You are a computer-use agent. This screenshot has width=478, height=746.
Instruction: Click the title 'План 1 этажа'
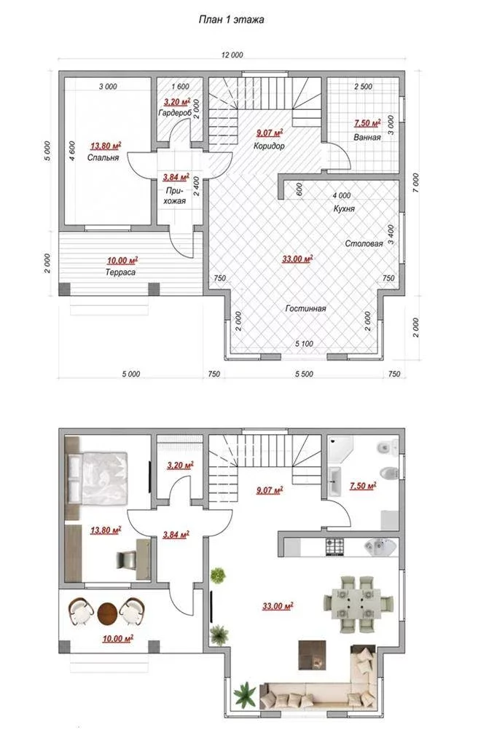coord(231,20)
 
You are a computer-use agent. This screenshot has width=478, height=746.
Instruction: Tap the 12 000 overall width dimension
coord(232,55)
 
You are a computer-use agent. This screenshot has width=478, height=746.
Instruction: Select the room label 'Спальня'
coord(103,157)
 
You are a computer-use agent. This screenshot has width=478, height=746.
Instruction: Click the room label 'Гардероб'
coord(175,113)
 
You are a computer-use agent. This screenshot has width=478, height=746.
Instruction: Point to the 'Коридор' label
coord(269,146)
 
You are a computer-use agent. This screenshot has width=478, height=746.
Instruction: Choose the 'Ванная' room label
coord(367,137)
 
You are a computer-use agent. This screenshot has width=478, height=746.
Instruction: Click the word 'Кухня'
coord(344,208)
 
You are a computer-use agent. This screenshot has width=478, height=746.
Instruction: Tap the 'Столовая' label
coord(364,243)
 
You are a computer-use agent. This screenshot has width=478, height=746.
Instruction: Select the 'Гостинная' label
coord(305,308)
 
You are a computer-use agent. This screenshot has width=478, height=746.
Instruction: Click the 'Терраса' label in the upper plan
coord(120,272)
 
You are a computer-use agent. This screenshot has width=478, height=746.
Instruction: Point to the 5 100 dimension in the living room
coord(305,344)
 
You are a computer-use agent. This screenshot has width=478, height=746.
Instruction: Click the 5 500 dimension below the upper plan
coord(305,374)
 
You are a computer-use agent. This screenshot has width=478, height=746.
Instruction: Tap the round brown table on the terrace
coord(107,613)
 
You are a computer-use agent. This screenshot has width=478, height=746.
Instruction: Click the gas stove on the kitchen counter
coord(334,547)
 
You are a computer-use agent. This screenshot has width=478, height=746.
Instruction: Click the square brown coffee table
coord(313,655)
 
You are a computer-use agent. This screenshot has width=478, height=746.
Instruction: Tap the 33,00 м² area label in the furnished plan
coord(278,606)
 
